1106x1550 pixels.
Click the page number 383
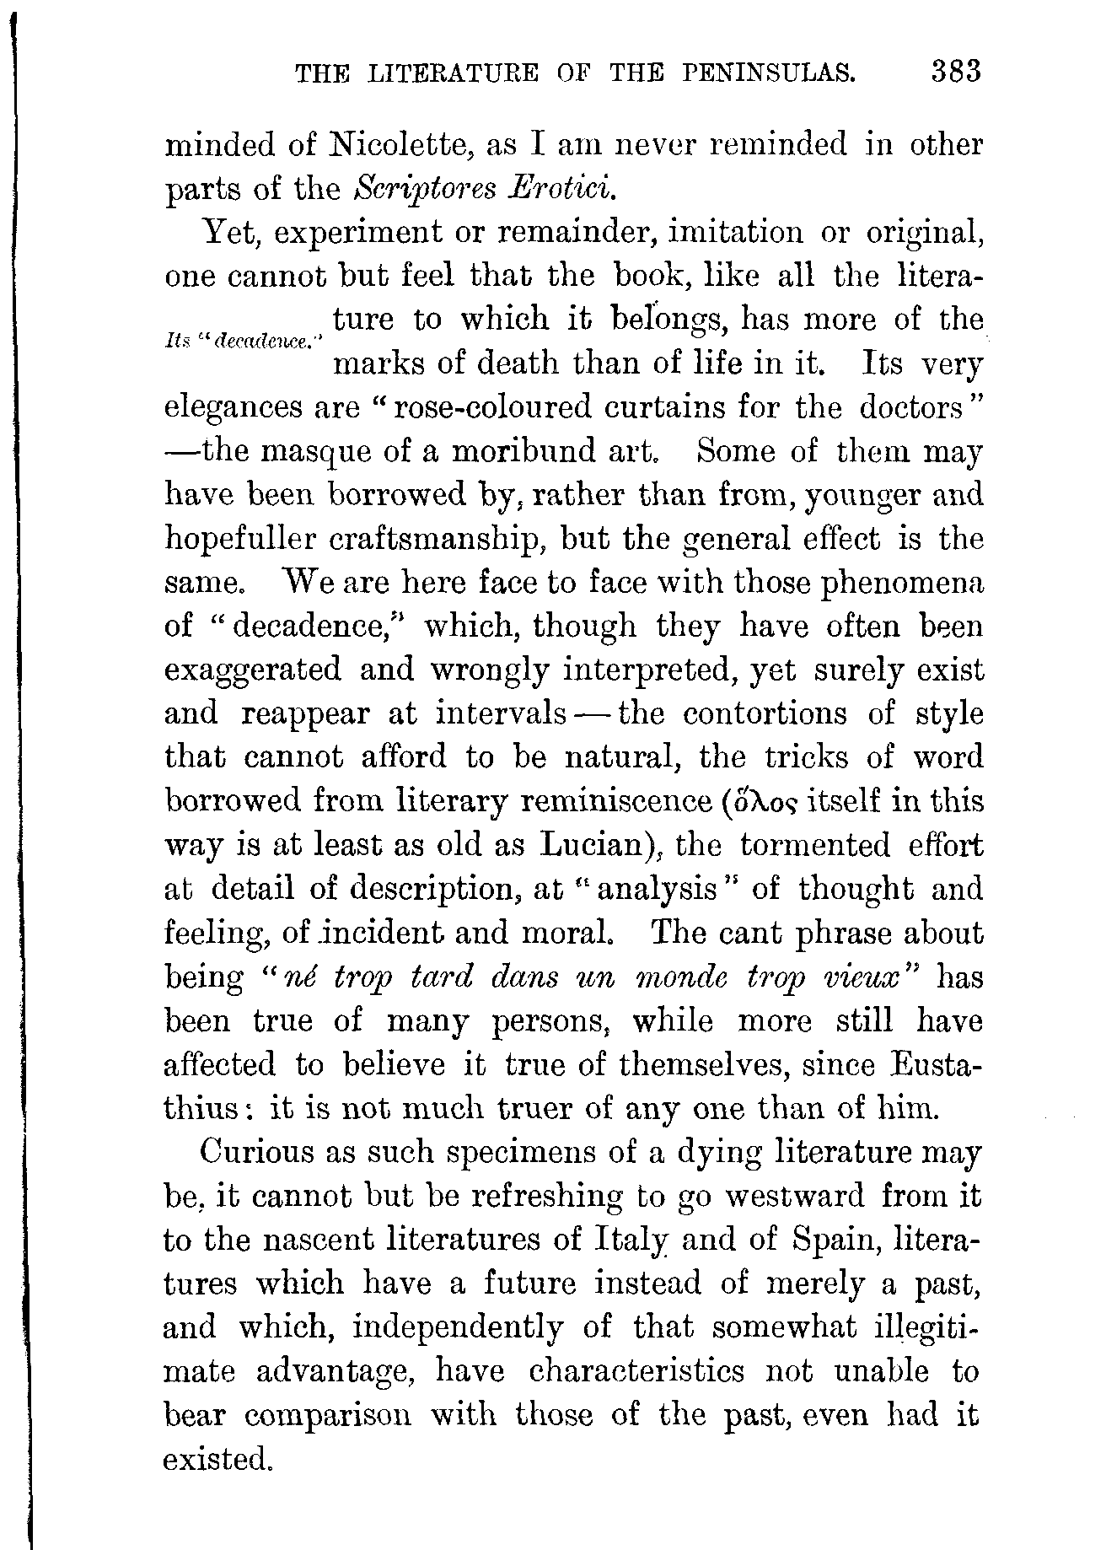coord(956,72)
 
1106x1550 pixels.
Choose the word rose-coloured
coord(490,408)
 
